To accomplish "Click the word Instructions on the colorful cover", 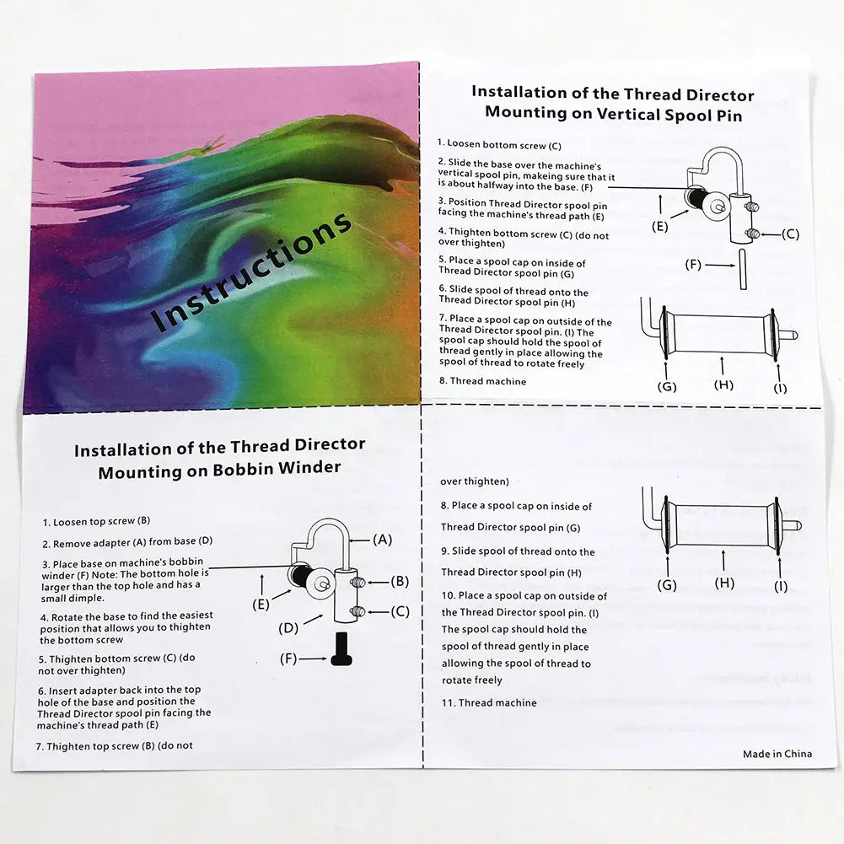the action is [x=251, y=271].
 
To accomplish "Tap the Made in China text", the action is [x=777, y=754].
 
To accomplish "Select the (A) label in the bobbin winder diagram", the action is [x=382, y=540].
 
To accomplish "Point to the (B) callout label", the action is [x=400, y=581].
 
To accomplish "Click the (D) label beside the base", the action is [x=288, y=628].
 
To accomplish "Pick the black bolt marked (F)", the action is [x=341, y=649].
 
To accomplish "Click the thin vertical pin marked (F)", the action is [x=743, y=269].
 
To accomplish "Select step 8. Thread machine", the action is [x=482, y=381].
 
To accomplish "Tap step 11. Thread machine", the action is [x=489, y=702].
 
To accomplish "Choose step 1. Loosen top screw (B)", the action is [x=96, y=522].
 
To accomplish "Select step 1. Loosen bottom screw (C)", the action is [x=499, y=145].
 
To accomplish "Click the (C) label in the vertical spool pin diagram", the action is [x=790, y=234].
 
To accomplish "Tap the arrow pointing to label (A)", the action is [x=359, y=540].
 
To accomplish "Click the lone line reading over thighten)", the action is [x=474, y=481].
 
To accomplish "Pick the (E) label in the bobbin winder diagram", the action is [x=261, y=604].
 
